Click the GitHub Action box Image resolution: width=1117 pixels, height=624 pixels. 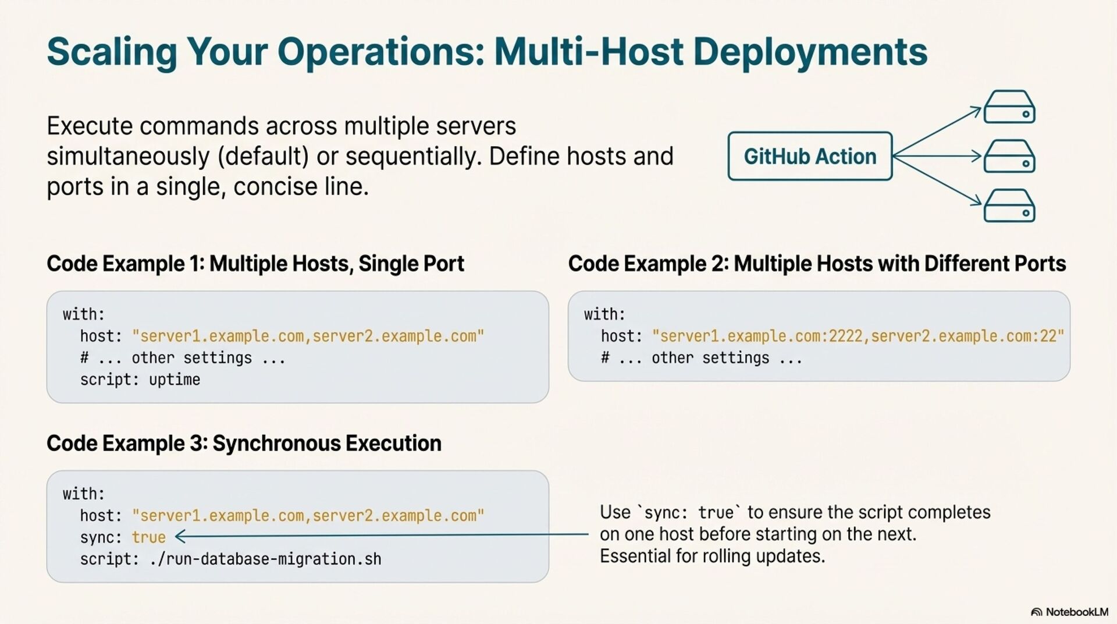(810, 156)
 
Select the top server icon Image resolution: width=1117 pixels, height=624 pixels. (1009, 107)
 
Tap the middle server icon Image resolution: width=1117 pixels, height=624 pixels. (1009, 157)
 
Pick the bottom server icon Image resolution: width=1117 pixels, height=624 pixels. (1009, 206)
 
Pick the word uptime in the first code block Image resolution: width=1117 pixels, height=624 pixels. (175, 380)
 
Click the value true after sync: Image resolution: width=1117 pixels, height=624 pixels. (149, 537)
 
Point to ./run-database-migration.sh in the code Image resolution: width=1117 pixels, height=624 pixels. (265, 559)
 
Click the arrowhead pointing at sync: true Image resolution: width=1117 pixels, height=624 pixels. (180, 536)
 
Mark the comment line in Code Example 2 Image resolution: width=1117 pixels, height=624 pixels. (702, 358)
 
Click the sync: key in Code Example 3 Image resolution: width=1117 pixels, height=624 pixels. (101, 537)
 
